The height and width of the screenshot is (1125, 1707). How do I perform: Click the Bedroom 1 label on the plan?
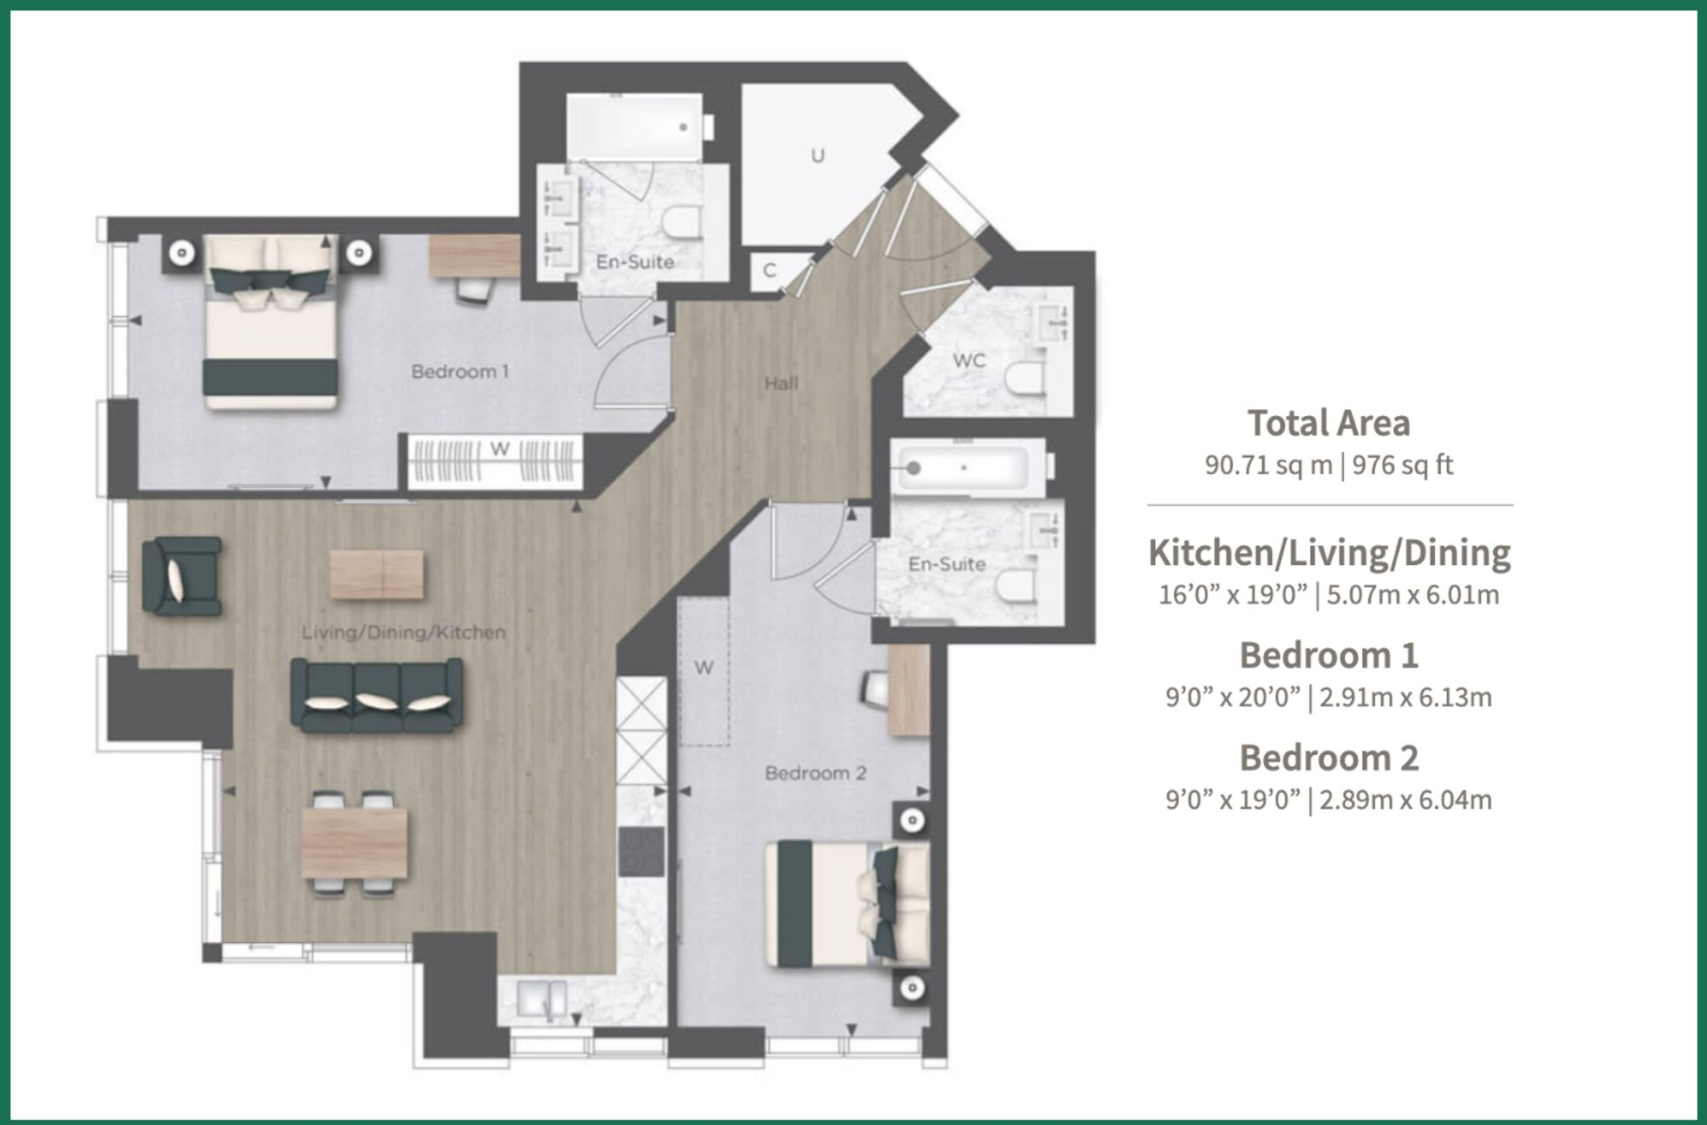tap(459, 372)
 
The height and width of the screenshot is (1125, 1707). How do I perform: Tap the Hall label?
tap(781, 383)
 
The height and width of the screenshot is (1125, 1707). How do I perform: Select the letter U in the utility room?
tap(817, 156)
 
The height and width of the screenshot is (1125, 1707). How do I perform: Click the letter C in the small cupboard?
tap(769, 270)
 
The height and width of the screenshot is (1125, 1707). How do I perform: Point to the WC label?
tap(969, 361)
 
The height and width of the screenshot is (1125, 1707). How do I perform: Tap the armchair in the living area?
tap(183, 576)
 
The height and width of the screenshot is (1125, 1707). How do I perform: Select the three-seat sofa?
tap(376, 694)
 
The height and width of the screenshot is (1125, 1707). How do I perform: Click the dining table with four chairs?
tap(354, 842)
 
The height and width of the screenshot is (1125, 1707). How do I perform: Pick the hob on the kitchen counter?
tap(641, 851)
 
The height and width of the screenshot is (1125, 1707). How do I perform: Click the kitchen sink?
tap(542, 999)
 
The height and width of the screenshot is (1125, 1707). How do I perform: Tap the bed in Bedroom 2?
tap(847, 904)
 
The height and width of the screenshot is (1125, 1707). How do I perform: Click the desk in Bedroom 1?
tap(474, 256)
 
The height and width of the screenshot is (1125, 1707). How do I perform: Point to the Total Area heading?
tap(1328, 423)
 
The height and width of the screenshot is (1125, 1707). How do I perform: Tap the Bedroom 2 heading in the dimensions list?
tap(1328, 758)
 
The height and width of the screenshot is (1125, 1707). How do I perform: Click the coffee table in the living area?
tap(377, 575)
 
